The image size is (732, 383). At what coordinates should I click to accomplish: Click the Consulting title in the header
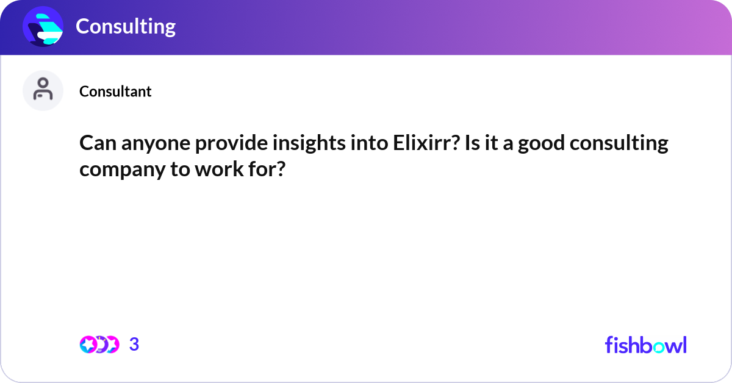click(x=126, y=26)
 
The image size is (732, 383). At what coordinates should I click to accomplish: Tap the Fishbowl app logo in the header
click(x=43, y=27)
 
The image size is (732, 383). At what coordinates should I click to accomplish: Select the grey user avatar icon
click(x=43, y=90)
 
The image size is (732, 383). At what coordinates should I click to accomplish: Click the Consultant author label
click(x=115, y=91)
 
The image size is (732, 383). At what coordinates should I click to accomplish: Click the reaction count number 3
click(x=134, y=345)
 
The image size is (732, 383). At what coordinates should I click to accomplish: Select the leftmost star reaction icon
click(x=88, y=345)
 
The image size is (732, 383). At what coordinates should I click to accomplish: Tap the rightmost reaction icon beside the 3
click(x=111, y=345)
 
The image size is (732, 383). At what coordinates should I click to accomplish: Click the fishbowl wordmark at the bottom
click(x=645, y=345)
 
